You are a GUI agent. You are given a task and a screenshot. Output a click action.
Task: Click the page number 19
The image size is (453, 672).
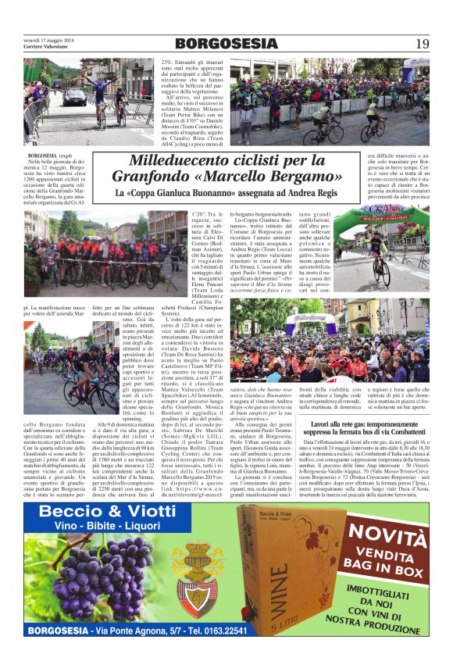(421, 43)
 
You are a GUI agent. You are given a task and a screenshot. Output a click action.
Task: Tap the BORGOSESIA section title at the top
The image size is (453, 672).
(226, 44)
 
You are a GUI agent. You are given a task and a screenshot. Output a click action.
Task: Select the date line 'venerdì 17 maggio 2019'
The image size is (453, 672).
(48, 39)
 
